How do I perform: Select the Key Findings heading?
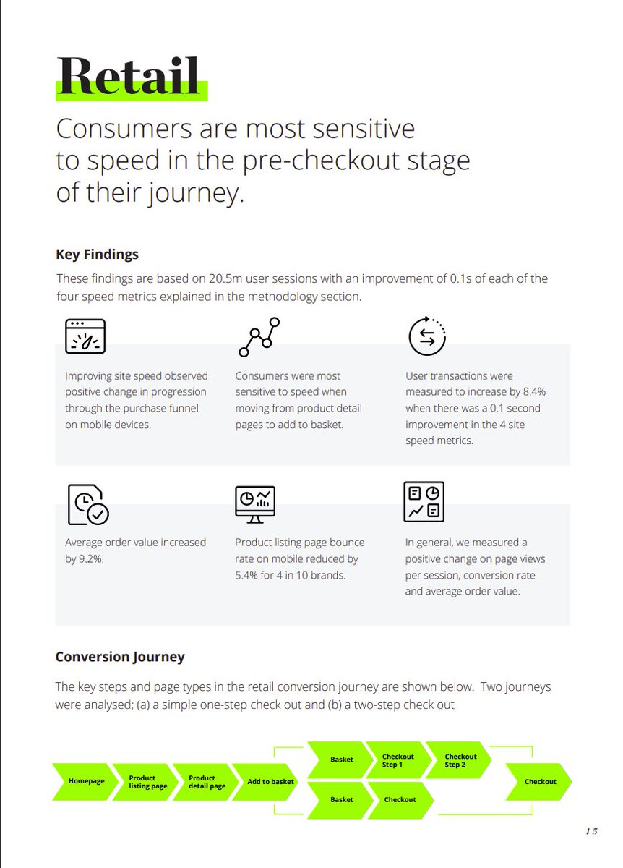[97, 254]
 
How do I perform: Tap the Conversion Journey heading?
[120, 657]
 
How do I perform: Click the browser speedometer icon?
[85, 336]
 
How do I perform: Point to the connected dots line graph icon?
[259, 337]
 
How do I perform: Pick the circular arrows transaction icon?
[427, 336]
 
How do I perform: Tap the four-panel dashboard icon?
[424, 502]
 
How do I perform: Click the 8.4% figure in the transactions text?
[534, 392]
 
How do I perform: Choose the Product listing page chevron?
[146, 780]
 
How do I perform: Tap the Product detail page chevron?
[206, 780]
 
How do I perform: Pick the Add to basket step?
[267, 780]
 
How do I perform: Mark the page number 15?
[591, 831]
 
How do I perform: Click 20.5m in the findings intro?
[225, 278]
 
